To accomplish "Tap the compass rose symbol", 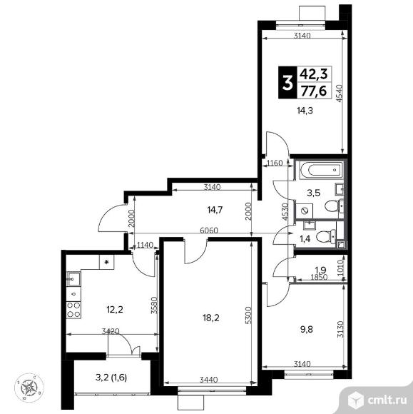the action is pyautogui.click(x=29, y=388).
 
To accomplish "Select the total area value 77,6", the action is pyautogui.click(x=314, y=91).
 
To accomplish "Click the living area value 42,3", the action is pyautogui.click(x=314, y=74).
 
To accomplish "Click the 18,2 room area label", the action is pyautogui.click(x=211, y=318).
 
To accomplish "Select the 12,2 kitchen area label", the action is pyautogui.click(x=115, y=309).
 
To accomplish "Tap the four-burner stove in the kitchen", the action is pyautogui.click(x=73, y=310).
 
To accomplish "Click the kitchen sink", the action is pyautogui.click(x=73, y=279).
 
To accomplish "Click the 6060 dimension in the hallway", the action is pyautogui.click(x=209, y=231).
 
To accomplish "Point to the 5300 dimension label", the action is pyautogui.click(x=249, y=315).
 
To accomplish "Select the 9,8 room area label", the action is pyautogui.click(x=306, y=329).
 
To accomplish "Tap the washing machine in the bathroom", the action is pyautogui.click(x=305, y=211).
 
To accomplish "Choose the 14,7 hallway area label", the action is pyautogui.click(x=215, y=210).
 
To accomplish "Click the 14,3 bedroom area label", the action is pyautogui.click(x=305, y=111).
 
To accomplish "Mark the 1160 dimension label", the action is pyautogui.click(x=275, y=163).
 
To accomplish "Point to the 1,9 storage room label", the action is pyautogui.click(x=320, y=270).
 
